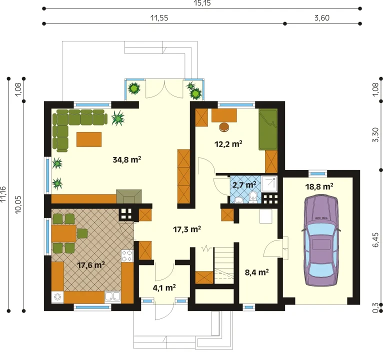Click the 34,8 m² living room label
click(127, 159)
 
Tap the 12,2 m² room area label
click(228, 144)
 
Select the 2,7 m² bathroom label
click(244, 184)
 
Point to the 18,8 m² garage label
click(319, 186)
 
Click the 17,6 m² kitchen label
click(91, 264)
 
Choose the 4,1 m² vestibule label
click(164, 287)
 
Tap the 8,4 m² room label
click(256, 272)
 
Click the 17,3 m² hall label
click(187, 229)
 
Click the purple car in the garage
click(321, 240)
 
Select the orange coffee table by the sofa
click(89, 139)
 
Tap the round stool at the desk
click(224, 127)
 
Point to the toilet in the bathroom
click(253, 197)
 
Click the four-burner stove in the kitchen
click(127, 255)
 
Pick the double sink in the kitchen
click(112, 296)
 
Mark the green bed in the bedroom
click(268, 129)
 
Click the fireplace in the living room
click(129, 196)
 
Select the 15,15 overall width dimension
click(202, 3)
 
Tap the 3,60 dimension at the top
click(321, 18)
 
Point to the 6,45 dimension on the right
click(375, 240)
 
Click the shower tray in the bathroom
click(269, 183)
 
